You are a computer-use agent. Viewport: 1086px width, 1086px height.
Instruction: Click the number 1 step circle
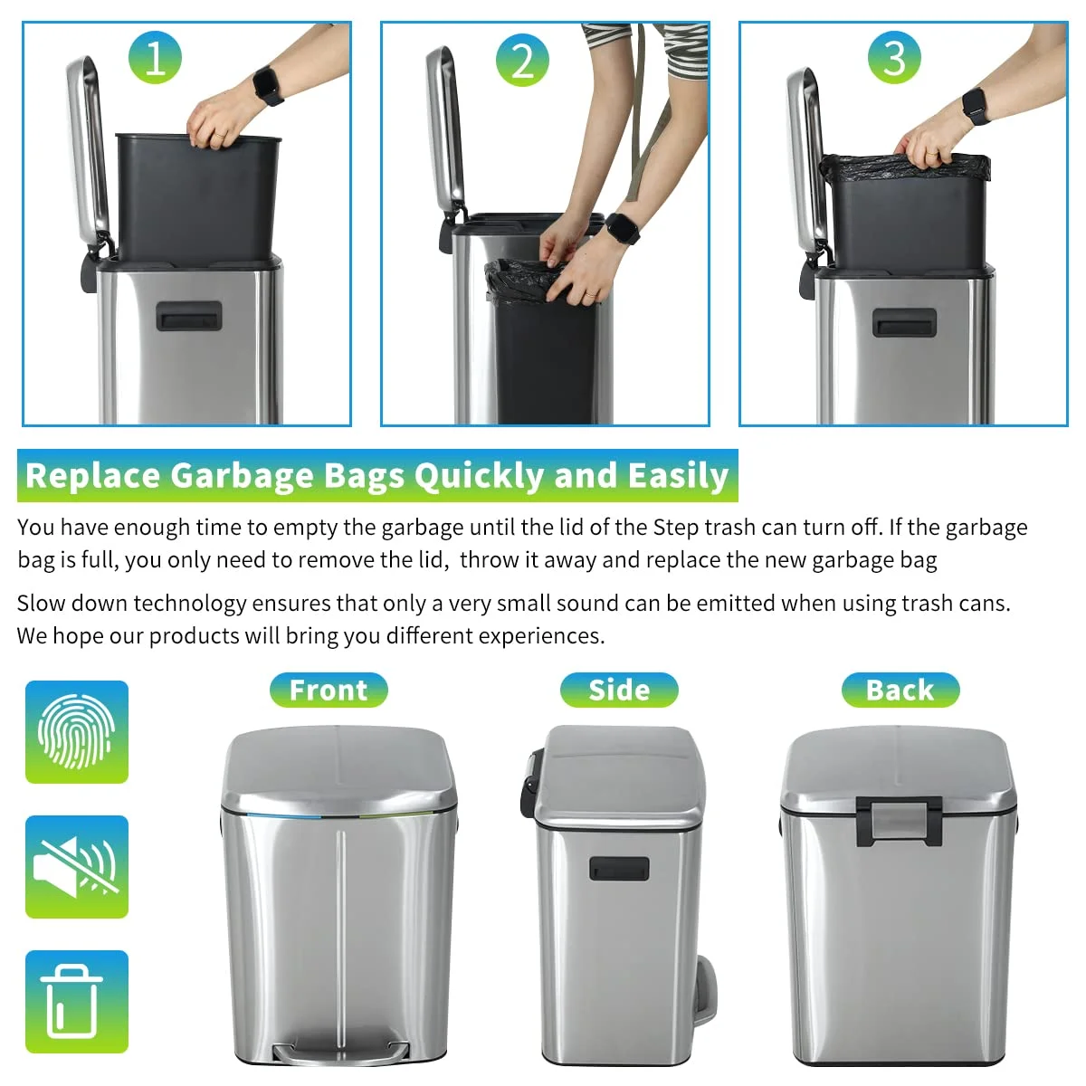[155, 58]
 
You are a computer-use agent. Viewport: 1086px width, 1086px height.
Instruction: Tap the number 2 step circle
[522, 61]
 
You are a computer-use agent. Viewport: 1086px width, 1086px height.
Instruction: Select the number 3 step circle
[894, 58]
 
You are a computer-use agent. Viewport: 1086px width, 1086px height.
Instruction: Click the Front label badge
[329, 690]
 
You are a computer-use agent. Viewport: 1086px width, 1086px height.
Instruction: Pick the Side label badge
[619, 690]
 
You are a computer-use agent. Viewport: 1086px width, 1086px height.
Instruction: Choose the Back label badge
[900, 690]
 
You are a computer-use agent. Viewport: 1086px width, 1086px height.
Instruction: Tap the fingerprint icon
[77, 731]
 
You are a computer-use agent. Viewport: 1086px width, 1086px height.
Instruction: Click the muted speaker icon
[77, 866]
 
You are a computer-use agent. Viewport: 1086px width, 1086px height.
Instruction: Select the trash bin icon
[77, 1001]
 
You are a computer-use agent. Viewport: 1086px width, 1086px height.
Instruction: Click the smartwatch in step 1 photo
[267, 86]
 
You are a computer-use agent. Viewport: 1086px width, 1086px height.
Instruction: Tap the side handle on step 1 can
[188, 316]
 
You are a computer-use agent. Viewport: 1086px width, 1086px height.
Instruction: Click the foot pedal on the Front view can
[341, 1052]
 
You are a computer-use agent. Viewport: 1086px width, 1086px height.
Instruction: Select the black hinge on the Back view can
[899, 819]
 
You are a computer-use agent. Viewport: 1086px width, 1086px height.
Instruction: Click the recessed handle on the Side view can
[619, 868]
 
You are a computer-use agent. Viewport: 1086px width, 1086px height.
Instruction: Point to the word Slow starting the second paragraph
[41, 603]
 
